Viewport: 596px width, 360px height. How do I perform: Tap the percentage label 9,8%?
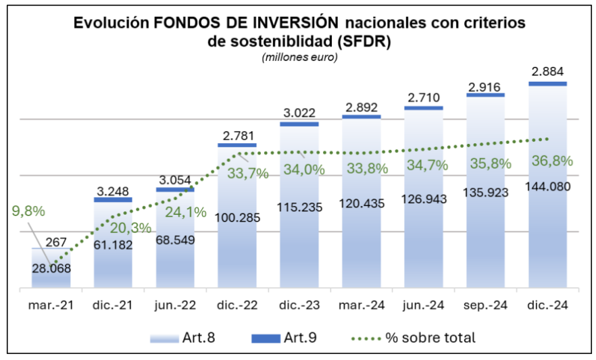28,211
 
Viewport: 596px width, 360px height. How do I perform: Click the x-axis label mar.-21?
51,305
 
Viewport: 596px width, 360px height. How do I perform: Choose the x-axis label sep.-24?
486,305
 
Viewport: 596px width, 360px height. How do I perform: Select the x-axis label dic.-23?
299,305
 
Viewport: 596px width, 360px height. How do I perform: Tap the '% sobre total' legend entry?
416,338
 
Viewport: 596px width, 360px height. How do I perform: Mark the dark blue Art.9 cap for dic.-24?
547,84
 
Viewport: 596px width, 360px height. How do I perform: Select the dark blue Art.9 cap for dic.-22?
237,145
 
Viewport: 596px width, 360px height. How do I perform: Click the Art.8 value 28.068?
51,267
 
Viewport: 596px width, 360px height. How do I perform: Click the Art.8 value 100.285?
237,218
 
